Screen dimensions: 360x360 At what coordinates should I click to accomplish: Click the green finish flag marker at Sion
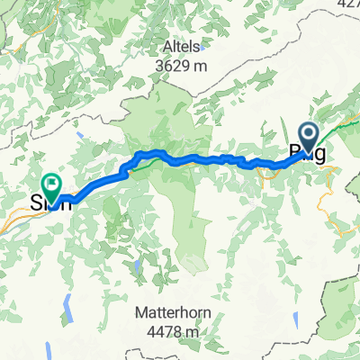pos(51,185)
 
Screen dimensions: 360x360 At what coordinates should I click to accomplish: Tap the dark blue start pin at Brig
pos(308,138)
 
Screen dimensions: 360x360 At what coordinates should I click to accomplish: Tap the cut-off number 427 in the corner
pos(347,4)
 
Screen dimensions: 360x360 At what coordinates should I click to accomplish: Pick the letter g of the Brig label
pos(320,155)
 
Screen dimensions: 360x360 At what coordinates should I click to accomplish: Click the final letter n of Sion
pos(66,202)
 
